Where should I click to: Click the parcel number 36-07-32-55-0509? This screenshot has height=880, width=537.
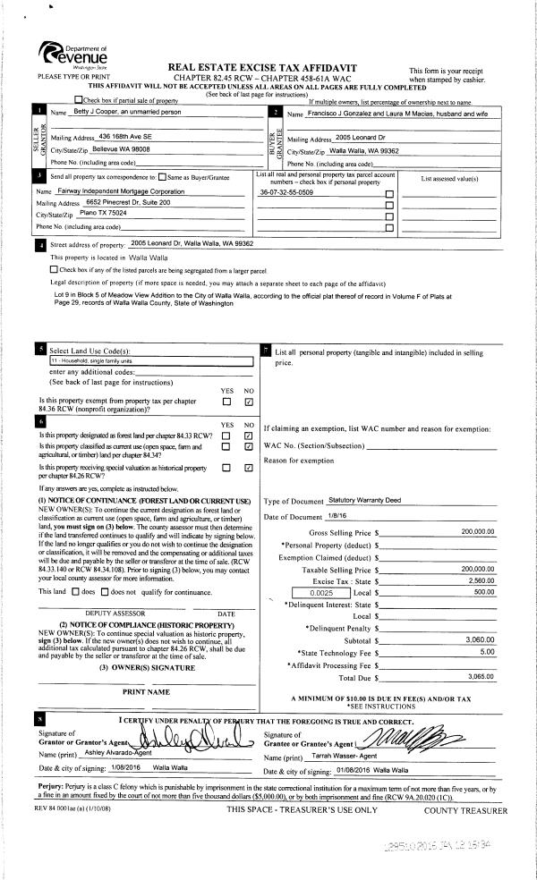tap(286, 192)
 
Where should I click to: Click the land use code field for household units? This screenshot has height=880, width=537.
tap(150, 361)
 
